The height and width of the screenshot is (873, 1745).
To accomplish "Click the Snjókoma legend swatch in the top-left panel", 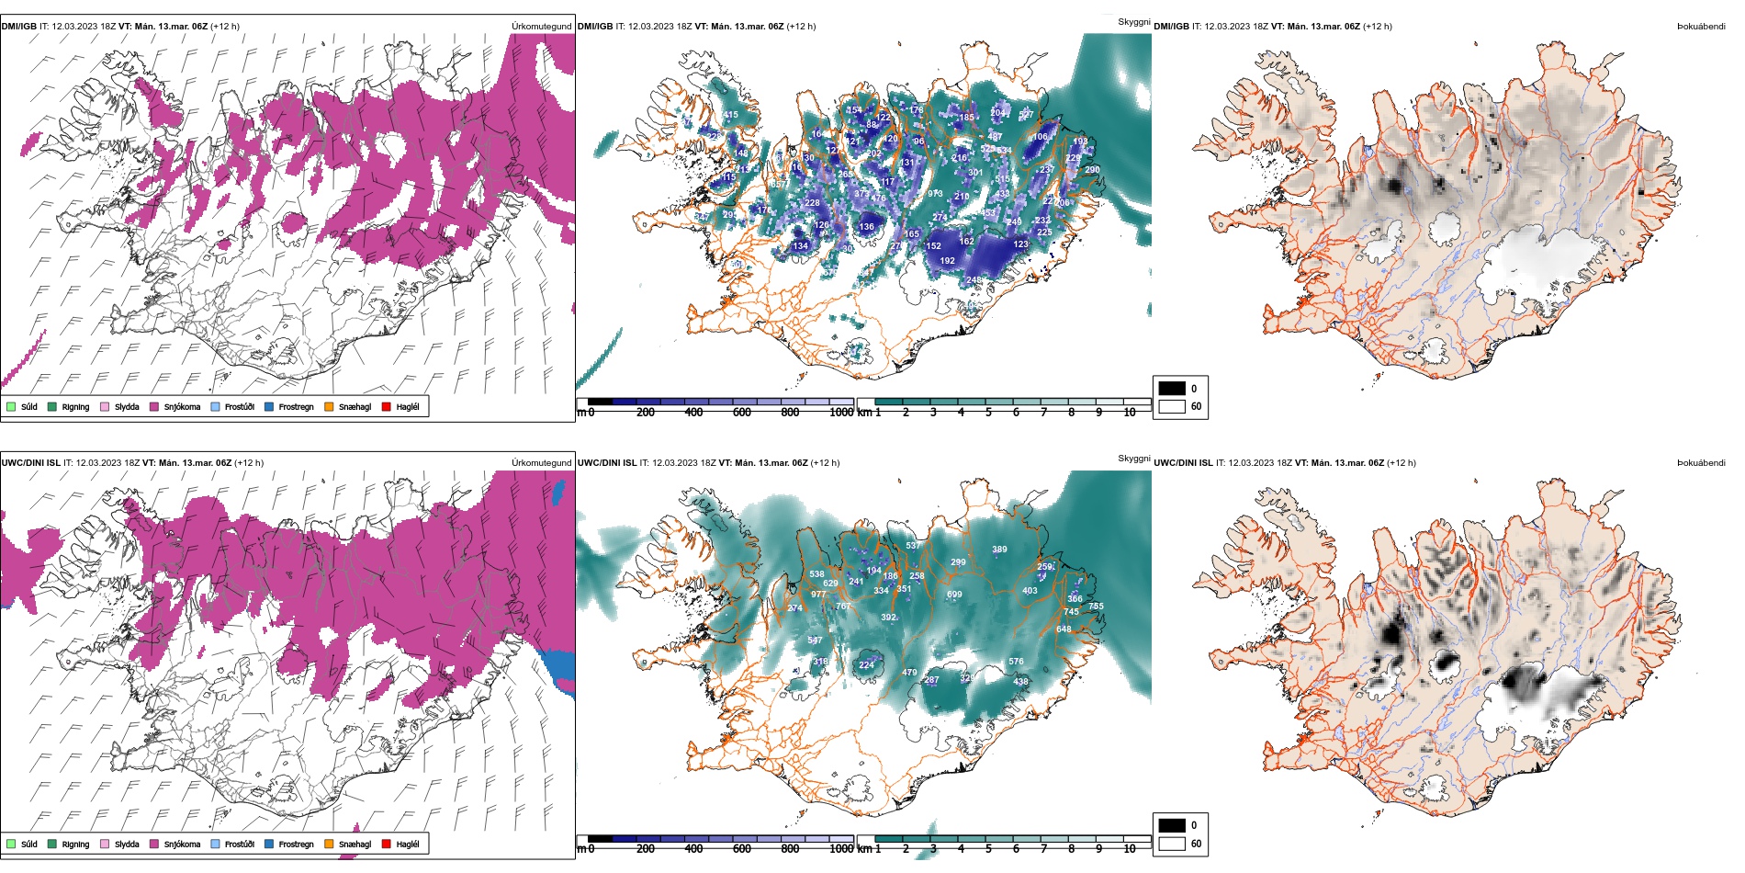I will (154, 406).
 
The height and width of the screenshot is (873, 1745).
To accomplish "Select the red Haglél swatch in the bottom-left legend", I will (387, 844).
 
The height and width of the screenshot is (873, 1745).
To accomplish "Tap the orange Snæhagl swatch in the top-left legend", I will (329, 406).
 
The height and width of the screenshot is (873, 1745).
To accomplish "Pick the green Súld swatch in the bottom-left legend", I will (11, 844).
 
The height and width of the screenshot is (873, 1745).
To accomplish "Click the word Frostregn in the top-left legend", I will (296, 407).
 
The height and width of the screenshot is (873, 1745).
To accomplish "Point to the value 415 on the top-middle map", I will (730, 115).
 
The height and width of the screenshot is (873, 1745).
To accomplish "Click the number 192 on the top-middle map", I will (947, 261).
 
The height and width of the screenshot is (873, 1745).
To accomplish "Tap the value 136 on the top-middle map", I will (867, 227).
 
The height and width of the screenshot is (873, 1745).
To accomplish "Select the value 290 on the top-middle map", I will (1092, 170).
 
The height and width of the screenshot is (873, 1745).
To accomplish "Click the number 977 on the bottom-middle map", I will (817, 595).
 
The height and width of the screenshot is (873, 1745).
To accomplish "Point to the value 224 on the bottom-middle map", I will (866, 665).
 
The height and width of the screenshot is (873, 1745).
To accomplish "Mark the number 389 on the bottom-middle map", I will (999, 550).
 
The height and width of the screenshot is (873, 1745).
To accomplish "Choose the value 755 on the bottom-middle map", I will (1096, 607).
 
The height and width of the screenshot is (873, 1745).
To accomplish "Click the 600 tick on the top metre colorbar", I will (742, 413).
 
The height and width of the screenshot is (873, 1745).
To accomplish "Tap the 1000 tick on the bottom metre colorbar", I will (841, 849).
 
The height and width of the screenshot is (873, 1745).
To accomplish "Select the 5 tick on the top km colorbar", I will (988, 413).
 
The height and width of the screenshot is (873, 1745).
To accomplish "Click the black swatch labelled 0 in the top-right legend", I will (1172, 388).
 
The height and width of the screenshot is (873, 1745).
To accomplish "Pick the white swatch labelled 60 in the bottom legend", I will (1172, 844).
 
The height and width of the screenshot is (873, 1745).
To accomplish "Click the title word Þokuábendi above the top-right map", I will (1701, 27).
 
